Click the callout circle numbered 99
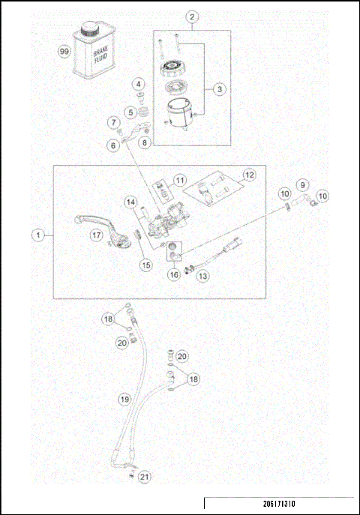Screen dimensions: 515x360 64,52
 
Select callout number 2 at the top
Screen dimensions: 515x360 193,16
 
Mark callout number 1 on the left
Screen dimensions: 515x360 35,235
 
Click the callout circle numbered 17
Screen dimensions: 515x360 96,235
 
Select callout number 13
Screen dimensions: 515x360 203,277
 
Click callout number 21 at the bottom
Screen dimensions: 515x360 145,476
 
